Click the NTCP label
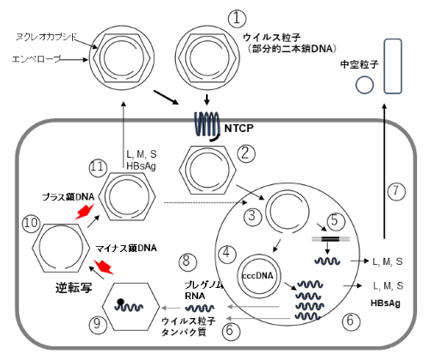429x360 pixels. pos(239,129)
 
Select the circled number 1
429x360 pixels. pos(237,19)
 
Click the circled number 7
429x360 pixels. pos(396,191)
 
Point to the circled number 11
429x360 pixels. pos(98,168)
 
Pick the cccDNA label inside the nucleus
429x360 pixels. pos(257,276)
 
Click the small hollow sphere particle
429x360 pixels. pos(365,85)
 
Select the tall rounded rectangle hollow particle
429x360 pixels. pos(393,67)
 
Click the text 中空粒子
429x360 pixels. pos(360,64)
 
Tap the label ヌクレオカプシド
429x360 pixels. pos(46,37)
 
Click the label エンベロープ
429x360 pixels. pos(37,59)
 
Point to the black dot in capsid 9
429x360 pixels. pos(120,302)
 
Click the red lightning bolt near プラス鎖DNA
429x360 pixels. pos(85,212)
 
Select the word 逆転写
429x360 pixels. pos(74,287)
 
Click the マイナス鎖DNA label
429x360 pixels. pos(126,248)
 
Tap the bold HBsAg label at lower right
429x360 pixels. pos(385,303)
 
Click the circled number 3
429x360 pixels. pos(252,216)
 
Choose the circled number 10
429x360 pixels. pos(32,223)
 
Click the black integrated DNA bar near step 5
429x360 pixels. pos(330,239)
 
